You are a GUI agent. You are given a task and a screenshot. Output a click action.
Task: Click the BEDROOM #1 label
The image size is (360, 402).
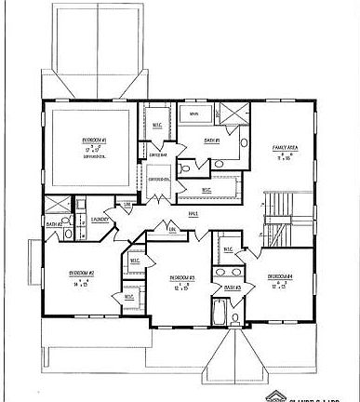point(94,141)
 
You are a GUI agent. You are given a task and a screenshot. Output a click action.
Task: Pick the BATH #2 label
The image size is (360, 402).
point(54,224)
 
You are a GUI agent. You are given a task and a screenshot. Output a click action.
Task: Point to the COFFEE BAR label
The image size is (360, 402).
point(156,155)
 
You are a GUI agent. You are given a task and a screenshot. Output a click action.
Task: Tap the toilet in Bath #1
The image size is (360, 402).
point(185,167)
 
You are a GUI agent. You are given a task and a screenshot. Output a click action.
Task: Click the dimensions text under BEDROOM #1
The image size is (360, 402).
point(94,149)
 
